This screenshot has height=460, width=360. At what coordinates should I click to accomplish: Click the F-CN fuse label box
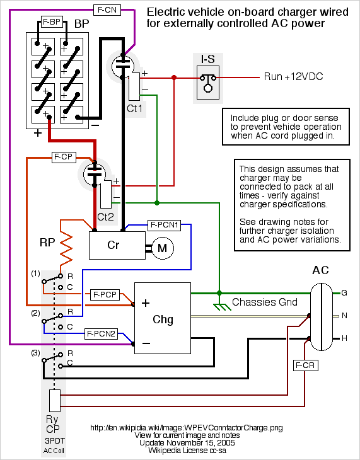click(107, 10)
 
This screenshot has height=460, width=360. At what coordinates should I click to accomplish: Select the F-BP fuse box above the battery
click(52, 21)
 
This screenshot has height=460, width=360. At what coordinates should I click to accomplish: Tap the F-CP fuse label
click(64, 157)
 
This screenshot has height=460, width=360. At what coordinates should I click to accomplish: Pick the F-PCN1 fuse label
click(164, 225)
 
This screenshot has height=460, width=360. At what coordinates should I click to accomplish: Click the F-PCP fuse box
click(105, 294)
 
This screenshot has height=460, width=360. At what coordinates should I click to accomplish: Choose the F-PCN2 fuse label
click(101, 333)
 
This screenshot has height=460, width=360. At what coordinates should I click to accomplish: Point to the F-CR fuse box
click(305, 365)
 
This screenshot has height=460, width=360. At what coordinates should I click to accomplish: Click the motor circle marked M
click(162, 248)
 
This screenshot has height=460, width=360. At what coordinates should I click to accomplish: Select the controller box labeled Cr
click(117, 245)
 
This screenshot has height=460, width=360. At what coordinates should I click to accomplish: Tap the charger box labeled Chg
click(163, 318)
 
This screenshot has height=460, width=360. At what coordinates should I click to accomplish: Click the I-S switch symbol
click(208, 83)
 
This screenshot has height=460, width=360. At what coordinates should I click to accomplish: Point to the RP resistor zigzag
click(66, 246)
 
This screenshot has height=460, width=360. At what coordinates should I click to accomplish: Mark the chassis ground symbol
click(221, 306)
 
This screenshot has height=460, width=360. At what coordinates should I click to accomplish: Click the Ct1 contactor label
click(134, 108)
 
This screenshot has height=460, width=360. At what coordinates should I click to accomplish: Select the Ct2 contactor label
click(105, 217)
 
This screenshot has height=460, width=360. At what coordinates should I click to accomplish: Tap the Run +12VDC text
click(293, 77)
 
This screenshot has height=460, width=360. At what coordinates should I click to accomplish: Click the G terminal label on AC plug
click(344, 293)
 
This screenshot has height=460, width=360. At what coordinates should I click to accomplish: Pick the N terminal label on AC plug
click(344, 316)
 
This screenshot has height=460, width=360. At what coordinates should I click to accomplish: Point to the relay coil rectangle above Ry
click(55, 400)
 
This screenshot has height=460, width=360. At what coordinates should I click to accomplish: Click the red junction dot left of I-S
click(174, 78)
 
